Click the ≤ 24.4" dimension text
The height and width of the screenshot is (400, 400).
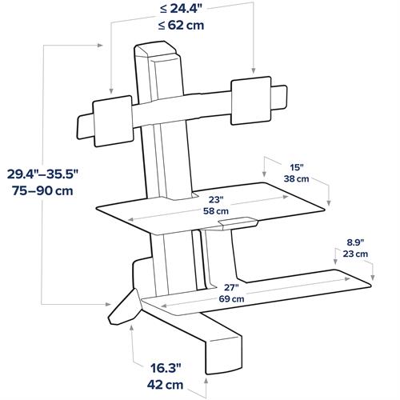tap(180, 10)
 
